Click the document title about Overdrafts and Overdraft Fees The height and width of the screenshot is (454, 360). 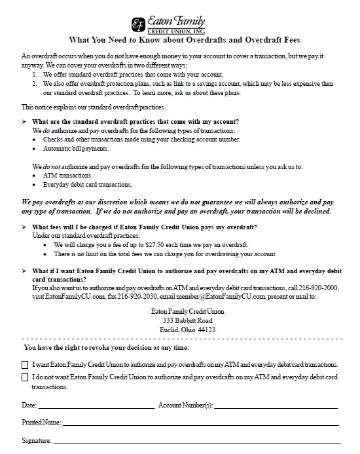[x=180, y=39]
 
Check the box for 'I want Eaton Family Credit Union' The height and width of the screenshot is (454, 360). [x=26, y=364]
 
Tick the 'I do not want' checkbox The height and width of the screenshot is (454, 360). [x=26, y=378]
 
